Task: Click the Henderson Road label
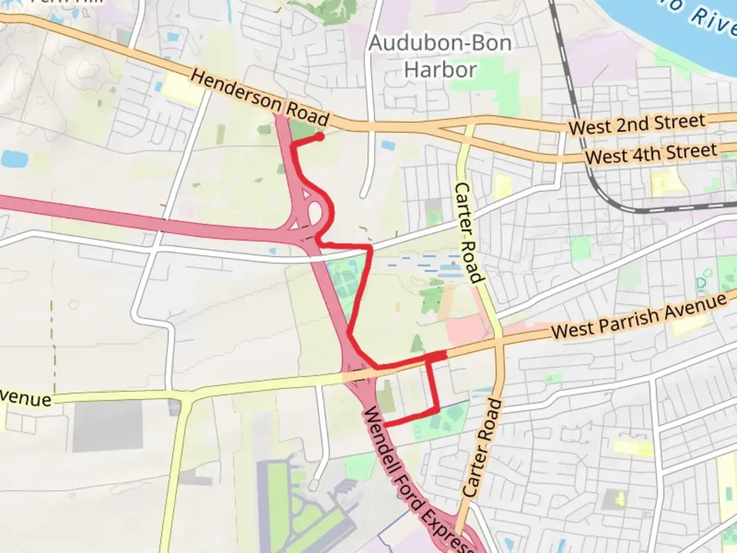click(x=259, y=98)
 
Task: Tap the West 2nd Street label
click(x=637, y=124)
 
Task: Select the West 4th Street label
click(x=651, y=153)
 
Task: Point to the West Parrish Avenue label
click(x=639, y=316)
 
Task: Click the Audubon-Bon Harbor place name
click(x=440, y=56)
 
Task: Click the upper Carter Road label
click(x=469, y=233)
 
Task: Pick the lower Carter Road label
click(x=483, y=448)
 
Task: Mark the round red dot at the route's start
click(x=319, y=137)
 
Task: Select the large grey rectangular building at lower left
click(x=107, y=426)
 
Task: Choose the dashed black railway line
click(x=573, y=102)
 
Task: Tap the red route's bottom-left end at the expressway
click(x=385, y=424)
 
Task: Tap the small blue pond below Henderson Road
click(x=388, y=145)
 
